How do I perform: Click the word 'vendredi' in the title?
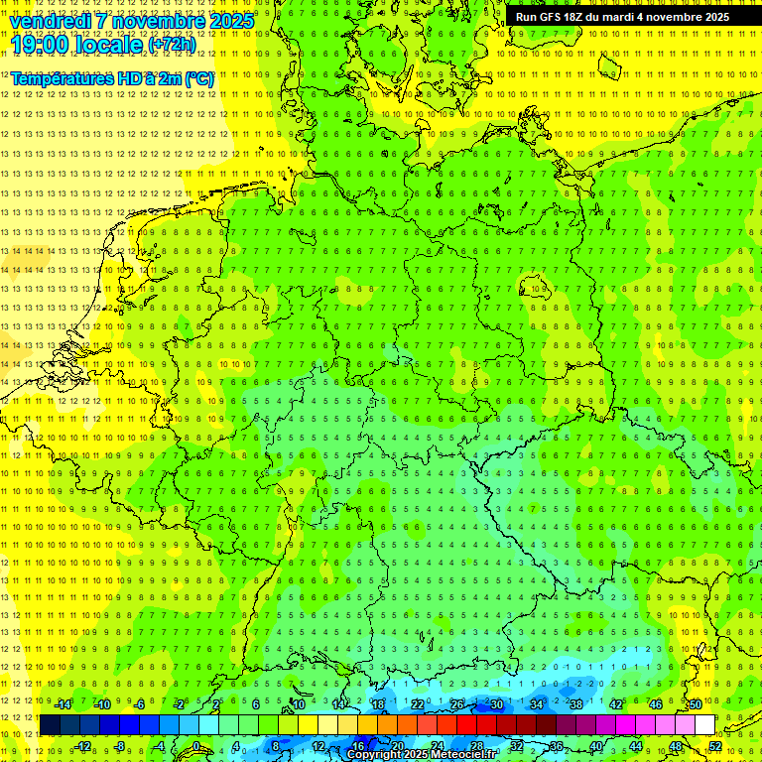50,21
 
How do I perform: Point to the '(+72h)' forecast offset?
172,45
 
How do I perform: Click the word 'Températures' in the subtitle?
61,77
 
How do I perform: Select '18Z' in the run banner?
573,17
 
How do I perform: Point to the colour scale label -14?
62,704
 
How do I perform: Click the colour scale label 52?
714,746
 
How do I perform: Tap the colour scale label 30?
496,704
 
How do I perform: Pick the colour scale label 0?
195,746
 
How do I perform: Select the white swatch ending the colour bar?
703,725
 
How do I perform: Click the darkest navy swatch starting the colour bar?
50,725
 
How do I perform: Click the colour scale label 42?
615,704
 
